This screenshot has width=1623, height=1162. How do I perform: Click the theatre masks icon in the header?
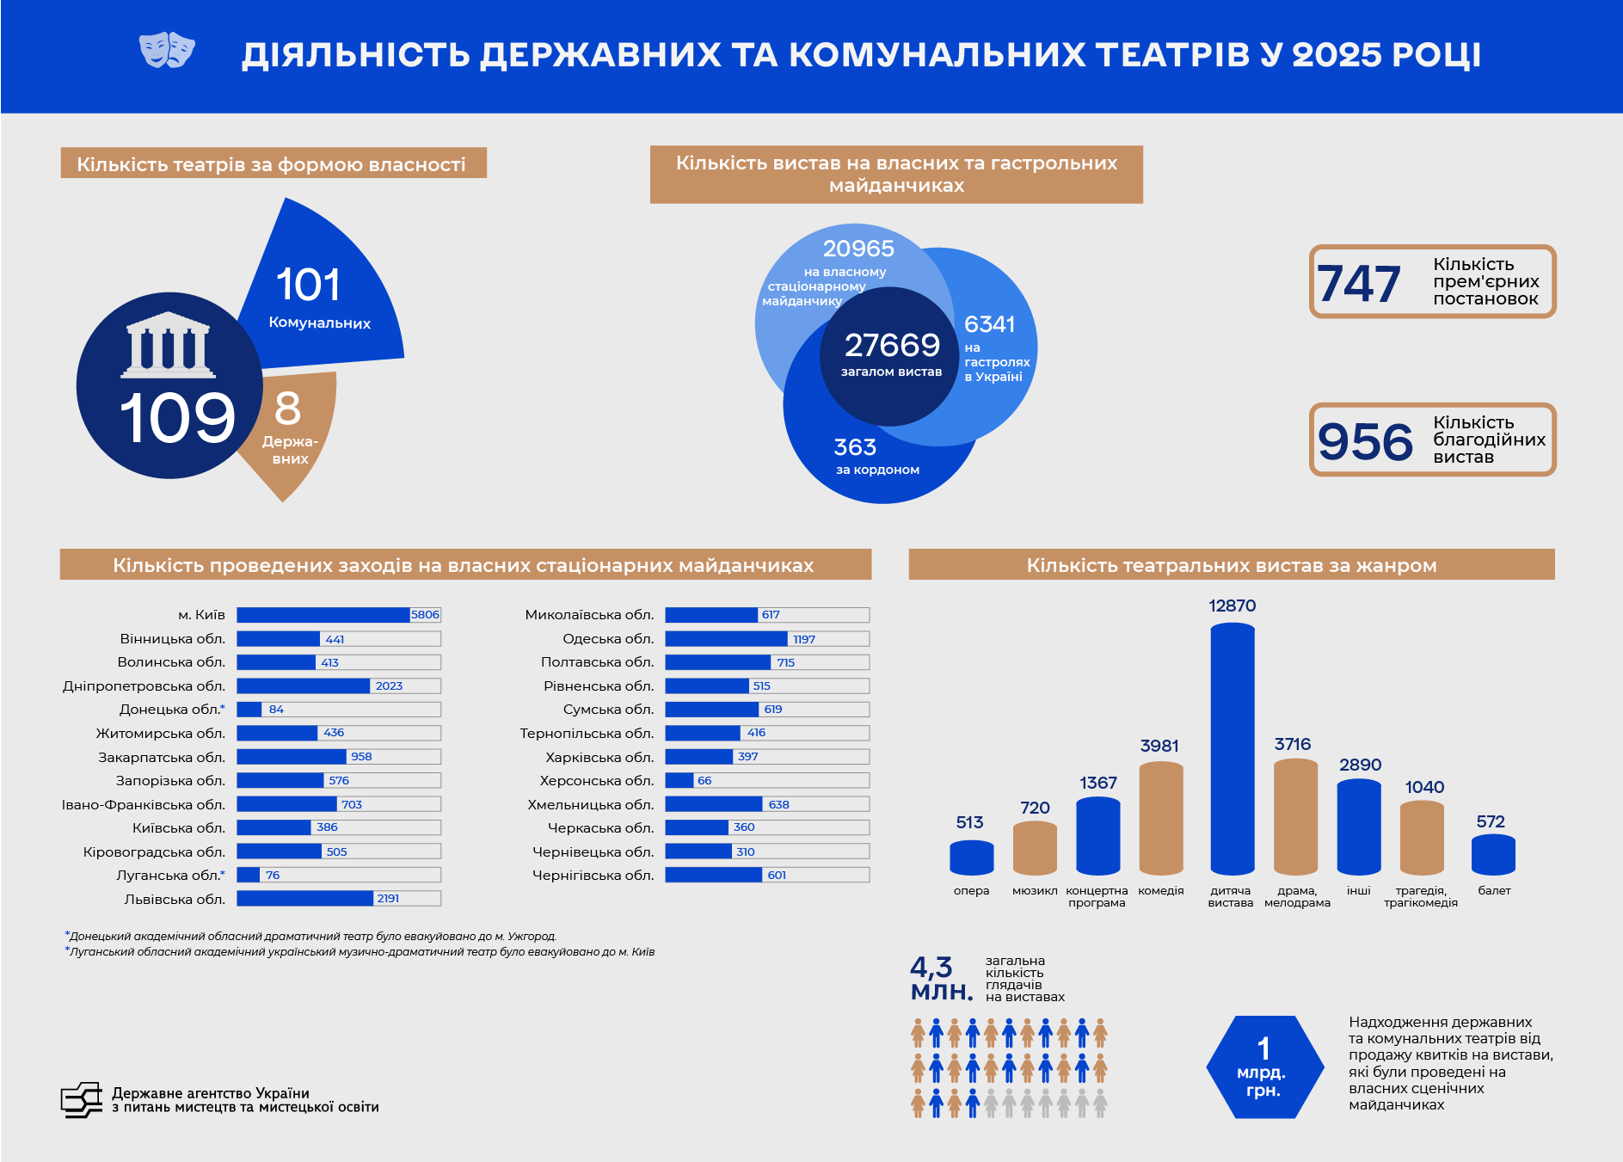[x=167, y=51]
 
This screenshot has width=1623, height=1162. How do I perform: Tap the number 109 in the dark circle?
[x=177, y=419]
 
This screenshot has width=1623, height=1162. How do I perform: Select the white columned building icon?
[x=169, y=345]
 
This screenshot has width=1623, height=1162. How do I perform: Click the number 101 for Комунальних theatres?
[x=308, y=286]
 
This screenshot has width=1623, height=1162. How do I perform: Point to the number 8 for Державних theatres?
[x=287, y=409]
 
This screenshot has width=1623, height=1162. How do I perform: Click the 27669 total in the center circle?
[x=892, y=346]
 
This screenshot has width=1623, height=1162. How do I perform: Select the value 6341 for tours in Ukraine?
[x=989, y=324]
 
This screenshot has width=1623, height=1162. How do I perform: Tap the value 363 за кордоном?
[x=855, y=447]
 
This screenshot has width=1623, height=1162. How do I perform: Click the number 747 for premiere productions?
[x=1359, y=284]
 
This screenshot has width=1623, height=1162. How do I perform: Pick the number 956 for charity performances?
[x=1365, y=441]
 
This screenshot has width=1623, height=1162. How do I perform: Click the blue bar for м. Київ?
[x=323, y=615]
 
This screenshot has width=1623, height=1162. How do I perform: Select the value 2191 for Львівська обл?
[x=388, y=899]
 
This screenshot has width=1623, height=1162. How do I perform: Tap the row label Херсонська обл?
[x=597, y=781]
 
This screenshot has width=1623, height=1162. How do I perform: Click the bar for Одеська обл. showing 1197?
[x=726, y=639]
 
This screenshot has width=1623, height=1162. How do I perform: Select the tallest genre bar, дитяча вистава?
[x=1232, y=748]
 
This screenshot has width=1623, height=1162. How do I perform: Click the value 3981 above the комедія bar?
[x=1159, y=746]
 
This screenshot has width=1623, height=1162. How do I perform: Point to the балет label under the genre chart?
[x=1494, y=891]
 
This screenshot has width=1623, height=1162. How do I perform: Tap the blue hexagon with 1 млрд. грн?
[x=1263, y=1067]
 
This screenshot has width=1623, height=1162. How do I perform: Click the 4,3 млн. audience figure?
[x=941, y=979]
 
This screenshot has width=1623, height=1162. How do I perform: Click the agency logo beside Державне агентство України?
[x=82, y=1100]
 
